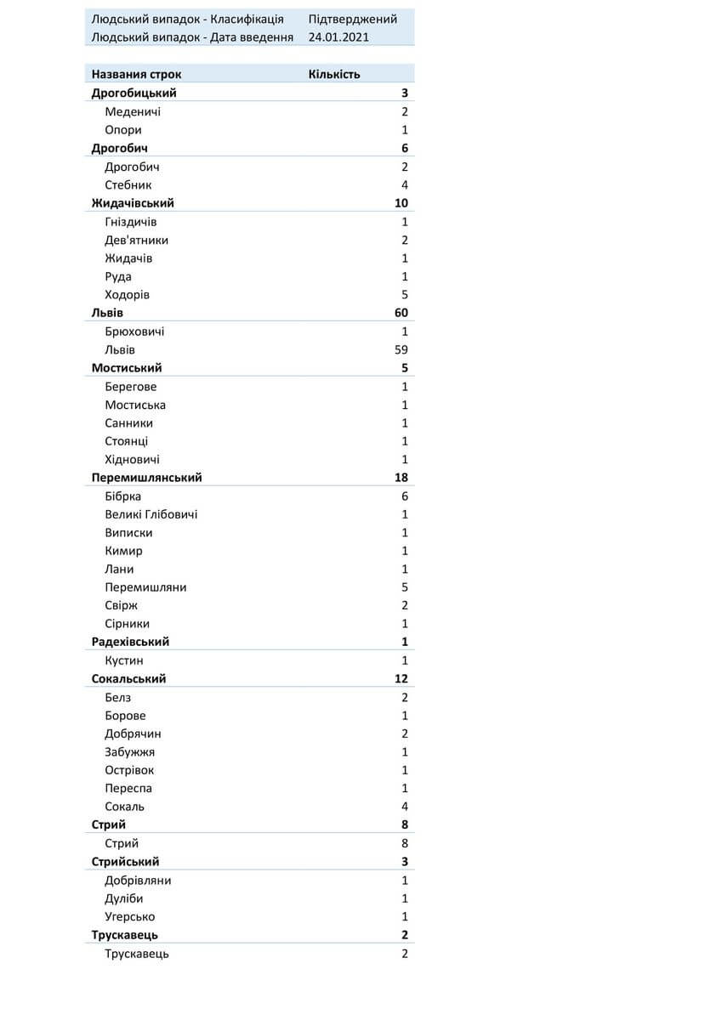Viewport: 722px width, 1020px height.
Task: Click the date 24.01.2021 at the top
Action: pyautogui.click(x=338, y=37)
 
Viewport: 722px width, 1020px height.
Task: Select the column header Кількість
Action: pyautogui.click(x=334, y=74)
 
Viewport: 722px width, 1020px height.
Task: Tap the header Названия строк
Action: pyautogui.click(x=136, y=74)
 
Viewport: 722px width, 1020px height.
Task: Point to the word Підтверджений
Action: pyautogui.click(x=353, y=19)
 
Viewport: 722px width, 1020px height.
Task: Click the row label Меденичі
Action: pyautogui.click(x=133, y=111)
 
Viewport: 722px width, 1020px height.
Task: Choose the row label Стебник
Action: pyautogui.click(x=128, y=184)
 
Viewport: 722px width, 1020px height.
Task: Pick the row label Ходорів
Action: pyautogui.click(x=128, y=294)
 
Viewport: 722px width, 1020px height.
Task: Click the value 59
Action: pyautogui.click(x=401, y=349)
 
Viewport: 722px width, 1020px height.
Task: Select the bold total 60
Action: pyautogui.click(x=401, y=313)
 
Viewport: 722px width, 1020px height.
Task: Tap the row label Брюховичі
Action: pyautogui.click(x=134, y=331)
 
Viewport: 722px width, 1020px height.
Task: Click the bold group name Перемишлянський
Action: pyautogui.click(x=146, y=478)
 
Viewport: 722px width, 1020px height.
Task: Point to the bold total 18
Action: pyautogui.click(x=401, y=478)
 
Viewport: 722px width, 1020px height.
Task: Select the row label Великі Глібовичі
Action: pyautogui.click(x=151, y=514)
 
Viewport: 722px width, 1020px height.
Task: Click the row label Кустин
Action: pyautogui.click(x=124, y=660)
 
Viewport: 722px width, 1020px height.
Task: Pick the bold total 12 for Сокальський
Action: pyautogui.click(x=401, y=678)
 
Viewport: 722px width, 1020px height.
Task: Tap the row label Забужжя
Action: pyautogui.click(x=130, y=751)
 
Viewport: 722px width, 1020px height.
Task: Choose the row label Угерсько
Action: pyautogui.click(x=130, y=916)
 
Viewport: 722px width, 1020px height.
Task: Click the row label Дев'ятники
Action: pyautogui.click(x=137, y=240)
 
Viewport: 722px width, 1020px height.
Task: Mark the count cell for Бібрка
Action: pyautogui.click(x=405, y=496)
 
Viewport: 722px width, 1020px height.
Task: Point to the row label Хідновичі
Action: pyautogui.click(x=133, y=459)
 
